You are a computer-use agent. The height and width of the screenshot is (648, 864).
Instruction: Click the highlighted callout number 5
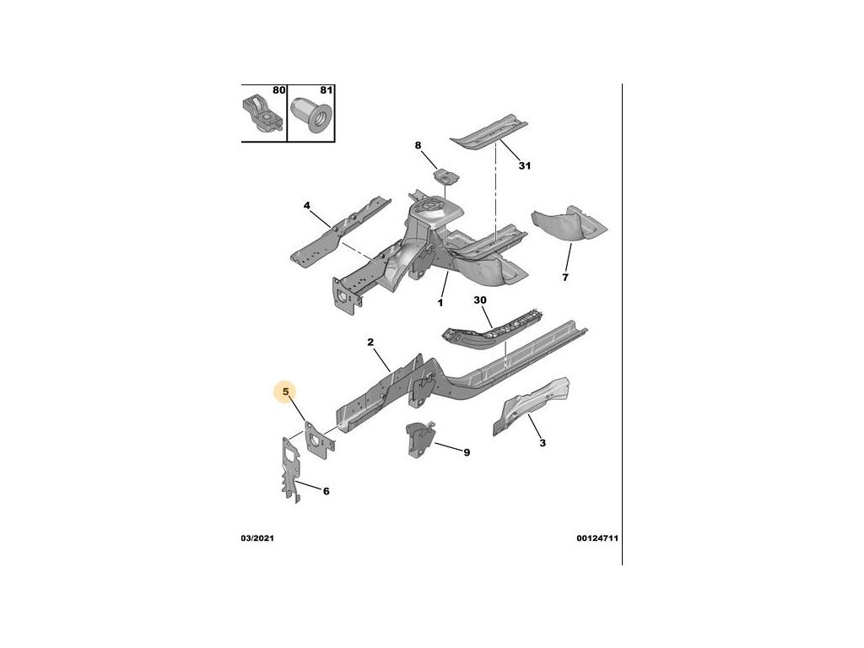(x=287, y=391)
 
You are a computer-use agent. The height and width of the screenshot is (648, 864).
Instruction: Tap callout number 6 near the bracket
(x=327, y=491)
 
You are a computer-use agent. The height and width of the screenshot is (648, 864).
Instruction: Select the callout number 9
(x=467, y=453)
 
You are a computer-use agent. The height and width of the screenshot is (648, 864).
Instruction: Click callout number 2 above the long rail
(x=370, y=342)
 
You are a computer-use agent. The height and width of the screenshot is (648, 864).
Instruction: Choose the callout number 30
(x=481, y=301)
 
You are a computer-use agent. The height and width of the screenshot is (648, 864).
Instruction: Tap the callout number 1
(x=440, y=302)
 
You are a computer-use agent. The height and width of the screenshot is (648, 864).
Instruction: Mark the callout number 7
(x=565, y=277)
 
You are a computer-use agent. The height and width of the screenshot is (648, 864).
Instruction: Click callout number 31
(x=524, y=166)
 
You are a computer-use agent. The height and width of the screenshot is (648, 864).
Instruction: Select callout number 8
(x=417, y=147)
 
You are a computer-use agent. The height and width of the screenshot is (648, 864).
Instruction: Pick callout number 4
(x=307, y=205)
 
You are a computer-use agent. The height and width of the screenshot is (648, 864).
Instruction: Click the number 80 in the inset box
(x=278, y=90)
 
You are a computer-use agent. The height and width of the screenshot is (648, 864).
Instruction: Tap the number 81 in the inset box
(x=326, y=90)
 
